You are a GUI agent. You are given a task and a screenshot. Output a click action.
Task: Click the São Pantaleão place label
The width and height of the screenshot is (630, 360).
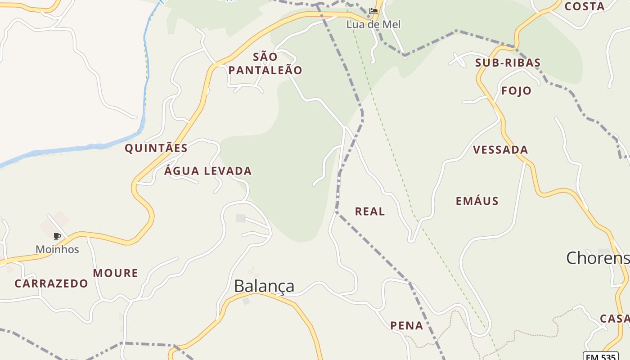point(265,63)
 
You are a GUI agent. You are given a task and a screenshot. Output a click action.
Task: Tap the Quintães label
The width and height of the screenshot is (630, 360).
point(156,148)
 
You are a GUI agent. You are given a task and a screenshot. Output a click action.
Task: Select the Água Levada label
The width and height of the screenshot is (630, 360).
point(207,171)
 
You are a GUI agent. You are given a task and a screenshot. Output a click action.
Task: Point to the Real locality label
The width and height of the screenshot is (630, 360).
point(370,211)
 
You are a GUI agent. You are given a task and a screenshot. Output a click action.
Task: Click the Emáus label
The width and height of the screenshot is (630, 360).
point(477,201)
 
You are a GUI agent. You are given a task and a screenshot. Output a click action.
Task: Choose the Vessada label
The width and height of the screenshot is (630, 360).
point(500,150)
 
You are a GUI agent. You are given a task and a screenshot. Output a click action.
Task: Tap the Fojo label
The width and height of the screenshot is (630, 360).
point(516,91)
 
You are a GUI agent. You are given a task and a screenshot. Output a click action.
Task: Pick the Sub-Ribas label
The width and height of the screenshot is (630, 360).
point(508,63)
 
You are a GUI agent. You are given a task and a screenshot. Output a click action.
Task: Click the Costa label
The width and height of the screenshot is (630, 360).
point(584,6)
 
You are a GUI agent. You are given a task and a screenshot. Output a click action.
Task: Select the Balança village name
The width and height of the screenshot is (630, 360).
point(264,286)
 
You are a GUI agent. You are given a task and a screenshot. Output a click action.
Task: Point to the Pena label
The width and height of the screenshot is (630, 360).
point(406,326)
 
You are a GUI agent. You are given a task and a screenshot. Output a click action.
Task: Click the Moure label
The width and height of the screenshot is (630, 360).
point(115,273)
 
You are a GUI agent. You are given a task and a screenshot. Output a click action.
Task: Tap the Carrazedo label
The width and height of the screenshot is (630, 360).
point(51,283)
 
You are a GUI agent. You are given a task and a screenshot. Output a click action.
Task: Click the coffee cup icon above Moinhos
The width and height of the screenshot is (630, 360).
point(57,236)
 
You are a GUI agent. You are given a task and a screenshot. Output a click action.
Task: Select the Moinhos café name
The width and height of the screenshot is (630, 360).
point(57,249)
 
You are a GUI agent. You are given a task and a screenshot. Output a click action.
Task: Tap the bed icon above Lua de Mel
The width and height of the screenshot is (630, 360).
point(373,11)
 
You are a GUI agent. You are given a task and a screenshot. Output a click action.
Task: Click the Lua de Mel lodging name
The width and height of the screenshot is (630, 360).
point(373,24)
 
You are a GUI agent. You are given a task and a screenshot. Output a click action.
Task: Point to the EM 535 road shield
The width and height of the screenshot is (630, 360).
point(601,356)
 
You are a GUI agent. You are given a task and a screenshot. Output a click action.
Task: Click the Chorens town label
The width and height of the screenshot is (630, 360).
point(598,258)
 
